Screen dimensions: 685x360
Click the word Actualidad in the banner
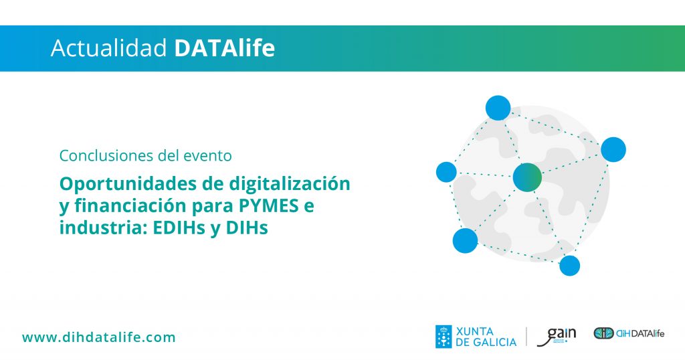tap(109, 48)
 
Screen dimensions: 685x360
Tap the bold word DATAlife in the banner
tap(225, 48)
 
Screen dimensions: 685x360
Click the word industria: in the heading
tap(103, 228)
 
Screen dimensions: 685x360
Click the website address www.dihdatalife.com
tap(99, 337)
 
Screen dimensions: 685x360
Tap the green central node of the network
tap(527, 177)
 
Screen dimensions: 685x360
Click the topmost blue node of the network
tap(498, 108)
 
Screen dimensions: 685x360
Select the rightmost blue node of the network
tap(613, 149)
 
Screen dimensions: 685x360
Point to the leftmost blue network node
tap(446, 172)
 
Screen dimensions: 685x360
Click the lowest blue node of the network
tap(570, 266)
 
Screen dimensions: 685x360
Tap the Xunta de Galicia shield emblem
tap(444, 337)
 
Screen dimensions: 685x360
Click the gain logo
tap(556, 337)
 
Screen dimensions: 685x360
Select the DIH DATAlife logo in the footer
tap(629, 333)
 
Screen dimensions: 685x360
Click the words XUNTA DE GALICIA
tap(486, 337)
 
